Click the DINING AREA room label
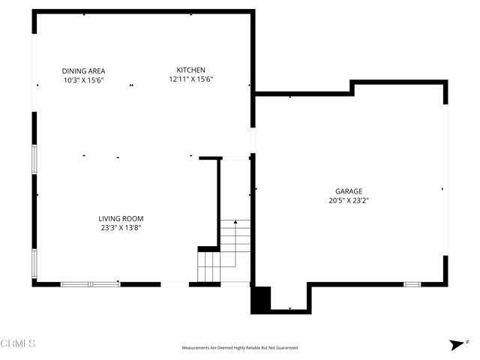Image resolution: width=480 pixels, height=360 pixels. click(x=82, y=70)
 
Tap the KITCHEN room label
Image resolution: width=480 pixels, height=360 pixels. click(x=190, y=70)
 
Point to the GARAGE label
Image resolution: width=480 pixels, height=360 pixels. click(x=349, y=191)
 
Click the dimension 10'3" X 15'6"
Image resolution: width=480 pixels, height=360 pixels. click(x=82, y=79)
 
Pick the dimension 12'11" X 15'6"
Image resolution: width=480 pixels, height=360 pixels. click(x=191, y=79)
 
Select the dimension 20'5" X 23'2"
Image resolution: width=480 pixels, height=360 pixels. click(x=349, y=200)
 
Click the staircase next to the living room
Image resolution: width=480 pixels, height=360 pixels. click(x=225, y=251)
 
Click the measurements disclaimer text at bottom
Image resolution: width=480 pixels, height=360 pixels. click(x=240, y=348)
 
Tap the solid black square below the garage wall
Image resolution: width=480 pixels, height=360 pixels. click(x=260, y=299)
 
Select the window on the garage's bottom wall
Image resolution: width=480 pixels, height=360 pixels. click(x=412, y=284)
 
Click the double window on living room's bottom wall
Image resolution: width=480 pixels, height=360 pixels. click(x=90, y=284)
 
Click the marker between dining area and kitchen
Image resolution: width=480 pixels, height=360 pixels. click(x=132, y=85)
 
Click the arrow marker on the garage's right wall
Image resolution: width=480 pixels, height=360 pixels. click(x=442, y=189)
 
